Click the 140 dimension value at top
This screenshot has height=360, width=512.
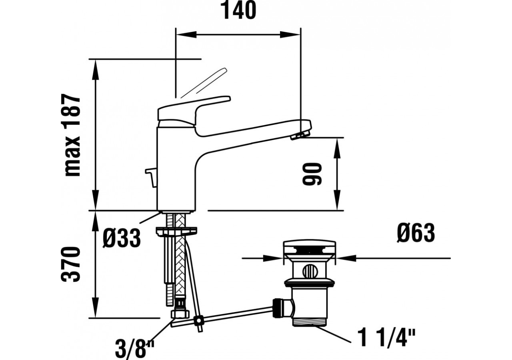click(x=238, y=11)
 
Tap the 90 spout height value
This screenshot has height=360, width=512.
click(x=312, y=174)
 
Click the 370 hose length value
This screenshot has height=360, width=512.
click(x=72, y=264)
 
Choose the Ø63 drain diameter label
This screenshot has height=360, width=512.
click(x=416, y=233)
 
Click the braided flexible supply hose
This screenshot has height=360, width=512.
click(x=180, y=256)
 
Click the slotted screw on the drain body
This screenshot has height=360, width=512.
click(x=308, y=272)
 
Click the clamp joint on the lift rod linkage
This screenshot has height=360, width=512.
click(x=198, y=320)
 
